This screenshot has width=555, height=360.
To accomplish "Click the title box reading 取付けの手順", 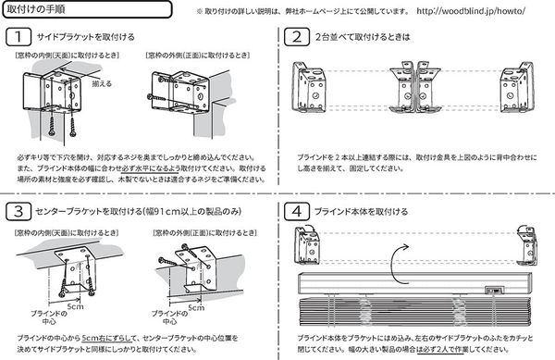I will click(x=41, y=10).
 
